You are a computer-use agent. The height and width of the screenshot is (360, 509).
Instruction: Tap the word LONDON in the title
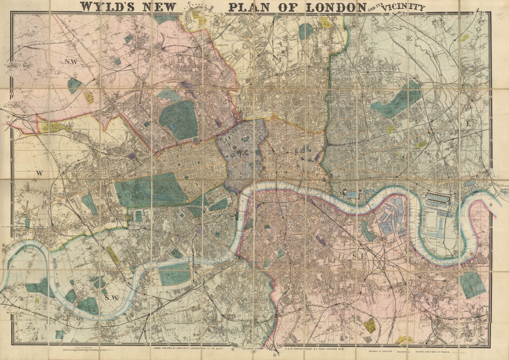pos(331,7)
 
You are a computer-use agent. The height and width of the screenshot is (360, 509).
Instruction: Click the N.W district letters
pos(71,62)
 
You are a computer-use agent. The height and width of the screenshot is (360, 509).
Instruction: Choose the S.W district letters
pos(111,298)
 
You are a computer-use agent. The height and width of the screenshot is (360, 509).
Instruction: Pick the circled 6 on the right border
pos(491,205)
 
